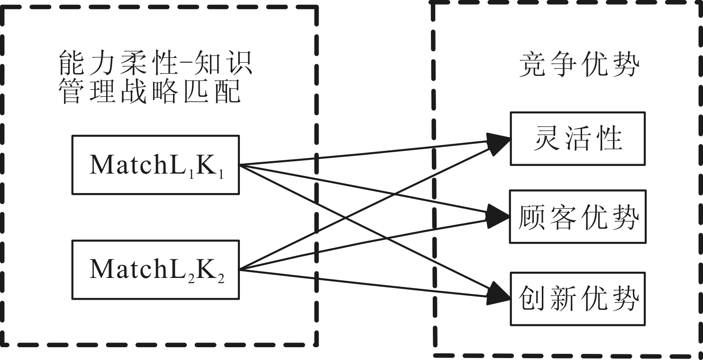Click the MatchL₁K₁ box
pos(155,165)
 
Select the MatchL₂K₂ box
pos(155,269)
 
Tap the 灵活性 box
pos(577,138)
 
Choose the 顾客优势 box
pos(577,217)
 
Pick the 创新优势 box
pos(577,298)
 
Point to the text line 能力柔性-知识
pos(155,63)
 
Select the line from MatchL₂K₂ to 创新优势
pos(370,283)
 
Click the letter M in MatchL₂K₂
pos(100,269)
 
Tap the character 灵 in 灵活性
pos(545,138)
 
